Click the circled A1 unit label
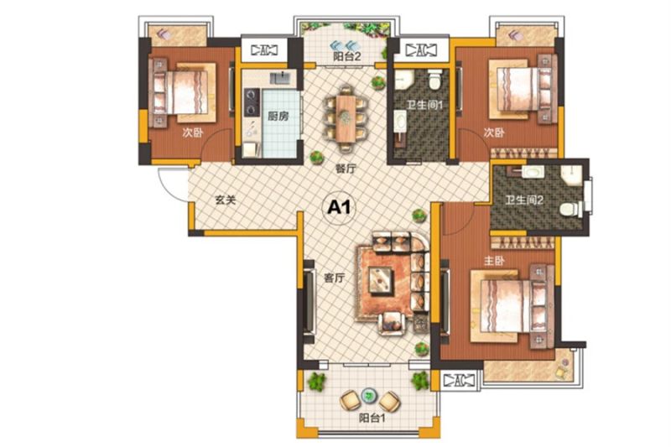339,207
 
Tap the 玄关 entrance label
225,200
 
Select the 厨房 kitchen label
278,116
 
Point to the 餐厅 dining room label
346,169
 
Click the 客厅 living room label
334,278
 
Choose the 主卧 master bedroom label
494,261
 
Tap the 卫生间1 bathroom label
424,104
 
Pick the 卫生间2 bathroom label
523,200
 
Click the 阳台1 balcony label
372,418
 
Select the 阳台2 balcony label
347,56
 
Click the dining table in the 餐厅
345,118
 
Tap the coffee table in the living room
381,281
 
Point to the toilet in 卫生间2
570,209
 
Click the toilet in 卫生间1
434,80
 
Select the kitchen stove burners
252,101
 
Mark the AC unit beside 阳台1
459,380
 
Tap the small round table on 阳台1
367,396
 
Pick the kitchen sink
280,78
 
